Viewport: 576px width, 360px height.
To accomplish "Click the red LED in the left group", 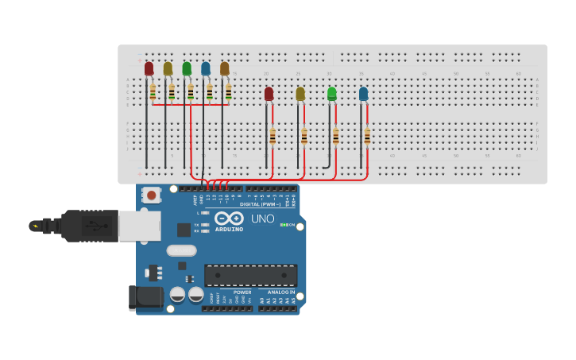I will point(149,69).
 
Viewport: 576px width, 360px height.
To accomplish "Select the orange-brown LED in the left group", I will point(225,69).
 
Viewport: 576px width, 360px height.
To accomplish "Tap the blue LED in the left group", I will point(206,69).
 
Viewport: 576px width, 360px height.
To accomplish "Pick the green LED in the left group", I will point(187,69).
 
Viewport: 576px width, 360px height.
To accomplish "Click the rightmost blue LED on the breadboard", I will point(363,94).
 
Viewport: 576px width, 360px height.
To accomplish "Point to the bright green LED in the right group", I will point(331,94).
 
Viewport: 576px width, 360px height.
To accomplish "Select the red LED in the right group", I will point(269,94).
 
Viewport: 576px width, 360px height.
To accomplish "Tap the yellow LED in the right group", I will point(300,94).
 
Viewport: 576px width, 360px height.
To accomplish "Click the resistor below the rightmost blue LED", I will point(367,137).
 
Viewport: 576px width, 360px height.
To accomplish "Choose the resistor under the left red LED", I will point(153,92).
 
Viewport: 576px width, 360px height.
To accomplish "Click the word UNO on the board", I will point(263,219).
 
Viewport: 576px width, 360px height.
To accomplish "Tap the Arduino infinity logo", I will point(229,218).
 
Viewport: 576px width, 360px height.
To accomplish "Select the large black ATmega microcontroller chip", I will point(250,275).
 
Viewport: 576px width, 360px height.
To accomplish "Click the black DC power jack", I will point(145,298).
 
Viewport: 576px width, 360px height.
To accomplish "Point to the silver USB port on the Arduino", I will point(140,226).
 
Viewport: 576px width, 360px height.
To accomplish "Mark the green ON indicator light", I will point(283,225).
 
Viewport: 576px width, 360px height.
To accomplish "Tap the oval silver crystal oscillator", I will point(181,250).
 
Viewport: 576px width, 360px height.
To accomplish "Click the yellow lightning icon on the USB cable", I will point(34,226).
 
